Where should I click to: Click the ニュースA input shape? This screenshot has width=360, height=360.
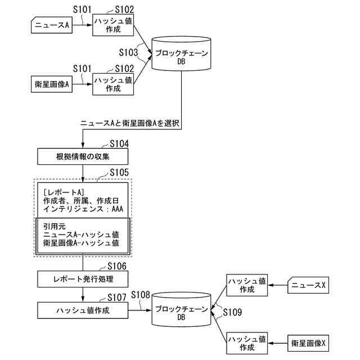51,25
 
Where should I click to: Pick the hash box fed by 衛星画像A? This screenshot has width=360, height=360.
113,84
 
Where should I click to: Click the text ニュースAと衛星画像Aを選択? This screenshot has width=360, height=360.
129,123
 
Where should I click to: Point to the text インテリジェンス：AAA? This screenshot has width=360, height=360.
83,209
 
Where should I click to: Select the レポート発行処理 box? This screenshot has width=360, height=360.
83,278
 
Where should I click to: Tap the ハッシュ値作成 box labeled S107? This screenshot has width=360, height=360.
83,310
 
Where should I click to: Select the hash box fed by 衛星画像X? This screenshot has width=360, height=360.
246,343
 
